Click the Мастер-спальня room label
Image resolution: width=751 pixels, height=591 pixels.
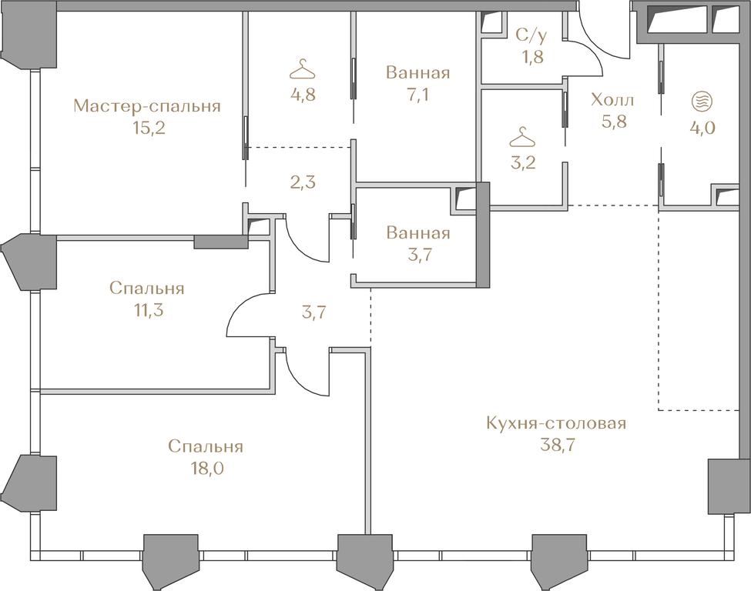147,106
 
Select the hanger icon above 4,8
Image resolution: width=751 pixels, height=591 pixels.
303,69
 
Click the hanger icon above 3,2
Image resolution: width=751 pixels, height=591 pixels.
522,137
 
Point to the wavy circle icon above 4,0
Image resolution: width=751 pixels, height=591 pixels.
702,101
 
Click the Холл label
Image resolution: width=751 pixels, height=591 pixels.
612,100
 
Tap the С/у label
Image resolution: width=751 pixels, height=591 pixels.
531,35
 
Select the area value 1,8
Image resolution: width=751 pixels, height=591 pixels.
532,57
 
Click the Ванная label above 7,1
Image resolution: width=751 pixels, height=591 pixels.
417,73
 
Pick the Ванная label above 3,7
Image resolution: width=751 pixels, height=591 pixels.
418,233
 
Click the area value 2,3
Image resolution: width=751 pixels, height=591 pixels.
303,182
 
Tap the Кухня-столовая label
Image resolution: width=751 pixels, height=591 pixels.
556,423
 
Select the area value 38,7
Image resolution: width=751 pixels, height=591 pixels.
557,446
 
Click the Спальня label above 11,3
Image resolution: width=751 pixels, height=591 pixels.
146,288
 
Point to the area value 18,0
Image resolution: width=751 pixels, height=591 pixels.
206,468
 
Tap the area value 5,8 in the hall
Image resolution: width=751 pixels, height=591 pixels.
614,122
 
